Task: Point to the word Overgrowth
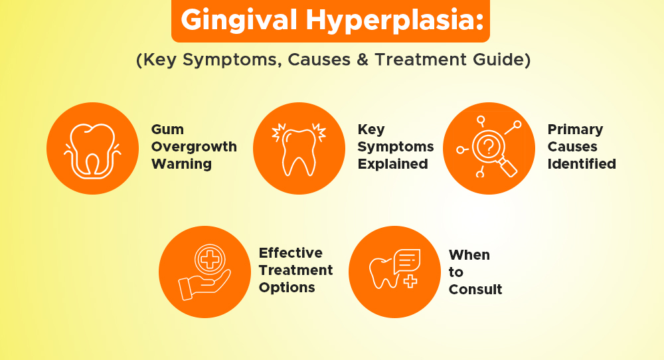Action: coord(194,147)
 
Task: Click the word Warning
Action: coord(181,163)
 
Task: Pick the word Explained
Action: coord(392,163)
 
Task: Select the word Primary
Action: coord(575,129)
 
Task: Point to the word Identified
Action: coord(582,163)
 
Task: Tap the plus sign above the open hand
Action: coord(210,258)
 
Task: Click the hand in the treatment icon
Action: coord(202,284)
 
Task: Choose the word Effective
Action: coord(290,253)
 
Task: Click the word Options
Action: coord(287,288)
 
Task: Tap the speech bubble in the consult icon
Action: coord(406,260)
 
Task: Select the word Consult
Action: coord(475,290)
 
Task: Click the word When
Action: coord(469,255)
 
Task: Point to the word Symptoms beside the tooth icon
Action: coord(395,147)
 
